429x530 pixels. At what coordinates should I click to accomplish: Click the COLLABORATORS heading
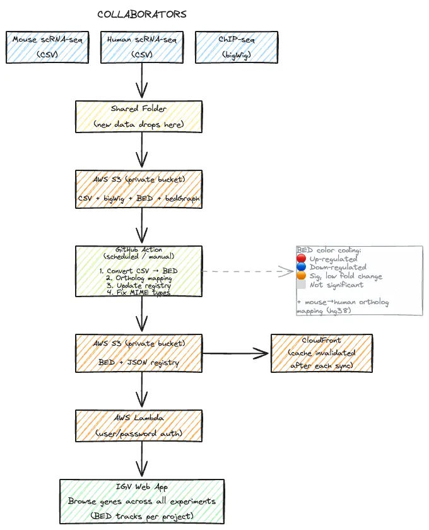click(142, 14)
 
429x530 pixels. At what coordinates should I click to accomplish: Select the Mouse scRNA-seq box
click(47, 47)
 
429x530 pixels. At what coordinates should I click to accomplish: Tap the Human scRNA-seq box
click(142, 47)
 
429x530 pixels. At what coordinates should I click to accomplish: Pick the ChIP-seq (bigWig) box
click(237, 47)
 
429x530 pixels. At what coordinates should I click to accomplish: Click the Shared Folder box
click(139, 117)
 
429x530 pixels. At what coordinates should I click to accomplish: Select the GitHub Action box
click(139, 271)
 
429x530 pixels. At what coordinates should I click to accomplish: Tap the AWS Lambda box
click(139, 426)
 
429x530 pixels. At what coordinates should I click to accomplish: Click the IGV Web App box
click(142, 502)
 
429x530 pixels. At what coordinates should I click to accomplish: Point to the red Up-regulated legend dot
click(302, 259)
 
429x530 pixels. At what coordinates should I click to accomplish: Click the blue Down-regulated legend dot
click(302, 268)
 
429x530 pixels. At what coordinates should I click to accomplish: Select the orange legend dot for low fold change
click(302, 276)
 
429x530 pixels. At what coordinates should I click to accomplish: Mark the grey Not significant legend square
click(302, 285)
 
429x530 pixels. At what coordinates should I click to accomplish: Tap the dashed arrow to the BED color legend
click(249, 272)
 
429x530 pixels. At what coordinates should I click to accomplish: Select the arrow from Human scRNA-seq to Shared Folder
click(142, 81)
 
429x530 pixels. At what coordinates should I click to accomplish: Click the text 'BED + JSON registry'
click(139, 362)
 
